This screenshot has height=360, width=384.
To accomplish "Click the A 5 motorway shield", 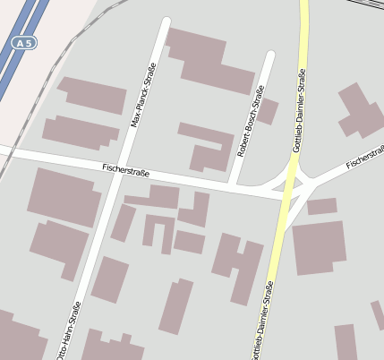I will pos(24,43).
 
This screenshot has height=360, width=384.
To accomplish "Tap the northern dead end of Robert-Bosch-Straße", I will pos(269,56).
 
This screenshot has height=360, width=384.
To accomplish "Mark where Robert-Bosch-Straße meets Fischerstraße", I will pos(232,184).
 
